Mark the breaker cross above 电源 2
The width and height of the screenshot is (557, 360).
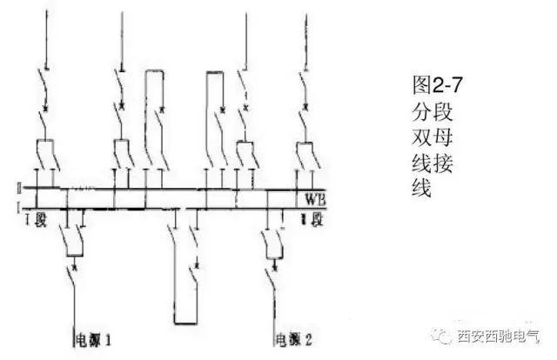click(x=276, y=257)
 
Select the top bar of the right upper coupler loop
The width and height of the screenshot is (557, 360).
click(x=215, y=74)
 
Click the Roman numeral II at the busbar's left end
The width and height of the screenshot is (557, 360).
click(x=18, y=188)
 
